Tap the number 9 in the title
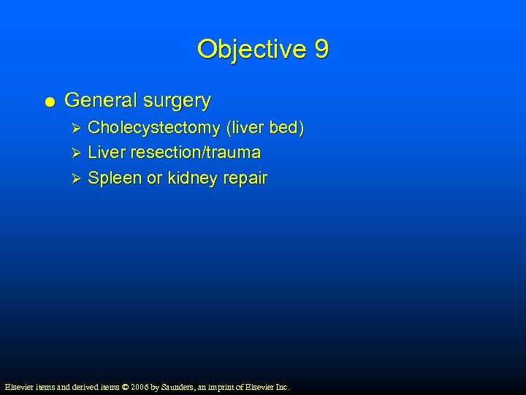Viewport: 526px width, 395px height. (321, 50)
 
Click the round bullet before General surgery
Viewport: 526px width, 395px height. (49, 102)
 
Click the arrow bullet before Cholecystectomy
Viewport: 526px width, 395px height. (72, 129)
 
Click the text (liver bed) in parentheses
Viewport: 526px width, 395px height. (265, 129)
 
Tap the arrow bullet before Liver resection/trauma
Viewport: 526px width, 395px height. (72, 154)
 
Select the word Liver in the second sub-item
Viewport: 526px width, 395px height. (105, 153)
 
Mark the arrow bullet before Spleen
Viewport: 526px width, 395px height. (72, 178)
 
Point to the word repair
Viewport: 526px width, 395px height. (244, 178)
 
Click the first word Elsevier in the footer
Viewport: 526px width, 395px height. (18, 387)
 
